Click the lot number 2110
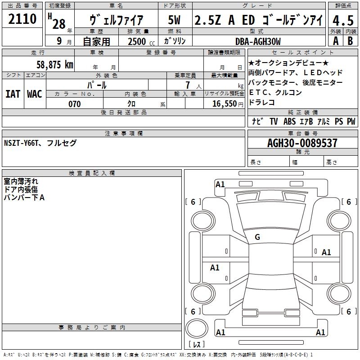(x=22, y=19)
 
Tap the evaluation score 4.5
(x=343, y=20)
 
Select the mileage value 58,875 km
(x=55, y=64)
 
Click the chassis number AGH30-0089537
(x=302, y=143)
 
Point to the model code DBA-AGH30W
(x=258, y=41)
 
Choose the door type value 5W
(x=174, y=20)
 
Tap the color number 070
(x=75, y=104)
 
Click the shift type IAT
(x=13, y=94)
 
